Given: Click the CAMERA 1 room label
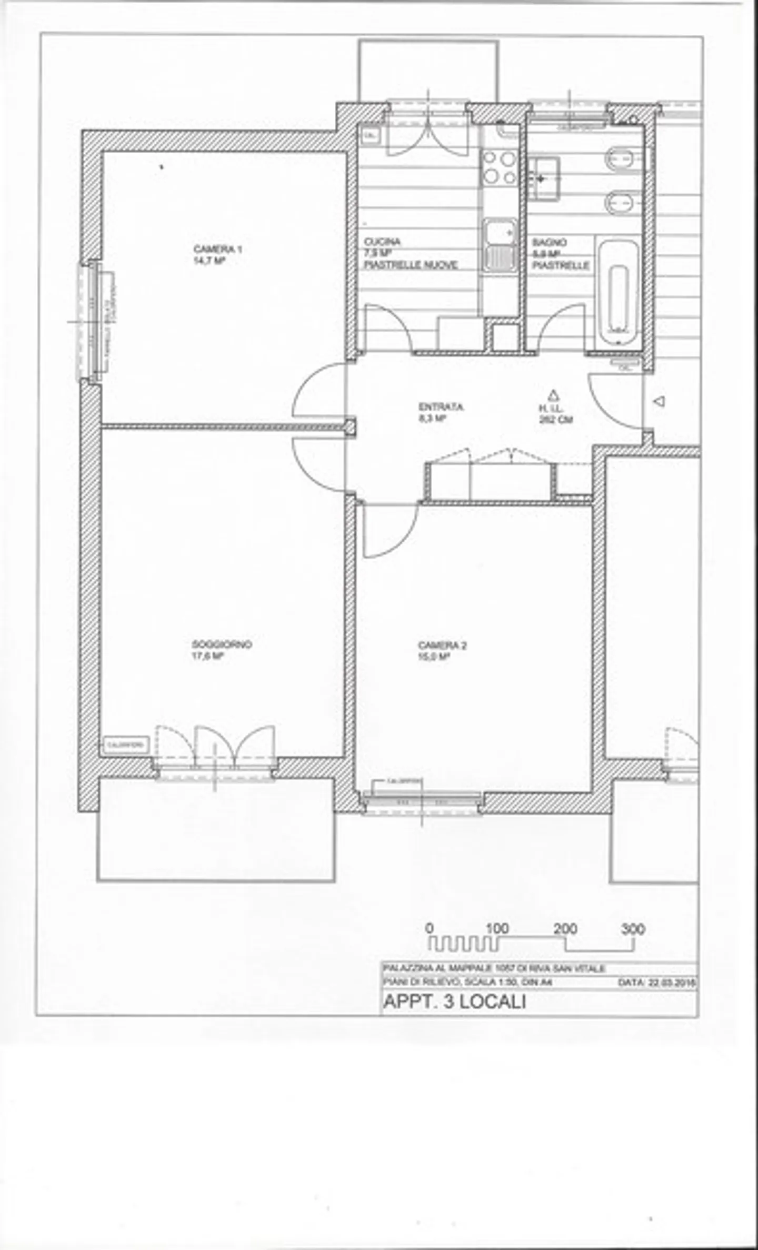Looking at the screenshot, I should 217,249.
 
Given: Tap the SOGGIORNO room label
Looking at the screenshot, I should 222,644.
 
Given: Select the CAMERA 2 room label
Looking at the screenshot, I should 442,646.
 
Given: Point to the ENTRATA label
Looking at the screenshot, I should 441,407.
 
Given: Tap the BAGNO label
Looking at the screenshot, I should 549,243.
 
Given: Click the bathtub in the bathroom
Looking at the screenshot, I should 618,295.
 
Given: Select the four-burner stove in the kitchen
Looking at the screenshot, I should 500,167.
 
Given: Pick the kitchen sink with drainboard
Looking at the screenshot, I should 500,245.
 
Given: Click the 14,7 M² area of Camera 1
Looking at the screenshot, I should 209,261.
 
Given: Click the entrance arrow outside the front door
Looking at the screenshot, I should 659,401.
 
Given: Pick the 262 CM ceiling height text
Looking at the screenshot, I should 556,420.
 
